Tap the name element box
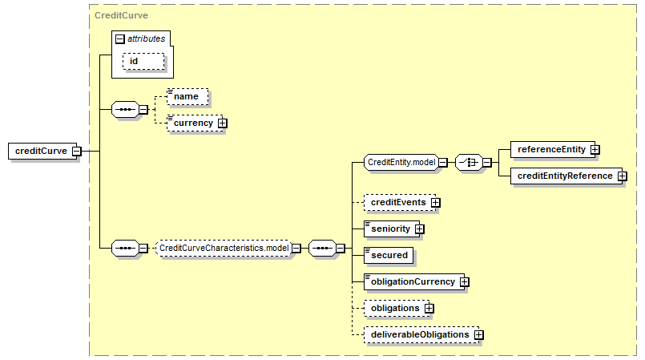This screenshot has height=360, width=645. pyautogui.click(x=187, y=96)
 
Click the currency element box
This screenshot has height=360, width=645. pyautogui.click(x=193, y=123)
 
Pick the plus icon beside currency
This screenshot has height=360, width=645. pyautogui.click(x=222, y=123)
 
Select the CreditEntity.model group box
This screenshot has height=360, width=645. pyautogui.click(x=401, y=163)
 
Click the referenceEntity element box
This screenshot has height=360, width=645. pyautogui.click(x=551, y=149)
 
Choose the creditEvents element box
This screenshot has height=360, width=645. pyautogui.click(x=397, y=202)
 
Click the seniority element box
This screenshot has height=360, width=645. pyautogui.click(x=389, y=229)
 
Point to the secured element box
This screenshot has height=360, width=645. pyautogui.click(x=389, y=255)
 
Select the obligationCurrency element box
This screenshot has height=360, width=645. pyautogui.click(x=411, y=281)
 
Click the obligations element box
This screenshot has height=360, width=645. pyautogui.click(x=394, y=308)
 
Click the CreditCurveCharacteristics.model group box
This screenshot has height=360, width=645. pyautogui.click(x=223, y=248)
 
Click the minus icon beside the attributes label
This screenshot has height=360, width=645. pyautogui.click(x=120, y=38)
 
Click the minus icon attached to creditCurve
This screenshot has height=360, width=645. pyautogui.click(x=76, y=151)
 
